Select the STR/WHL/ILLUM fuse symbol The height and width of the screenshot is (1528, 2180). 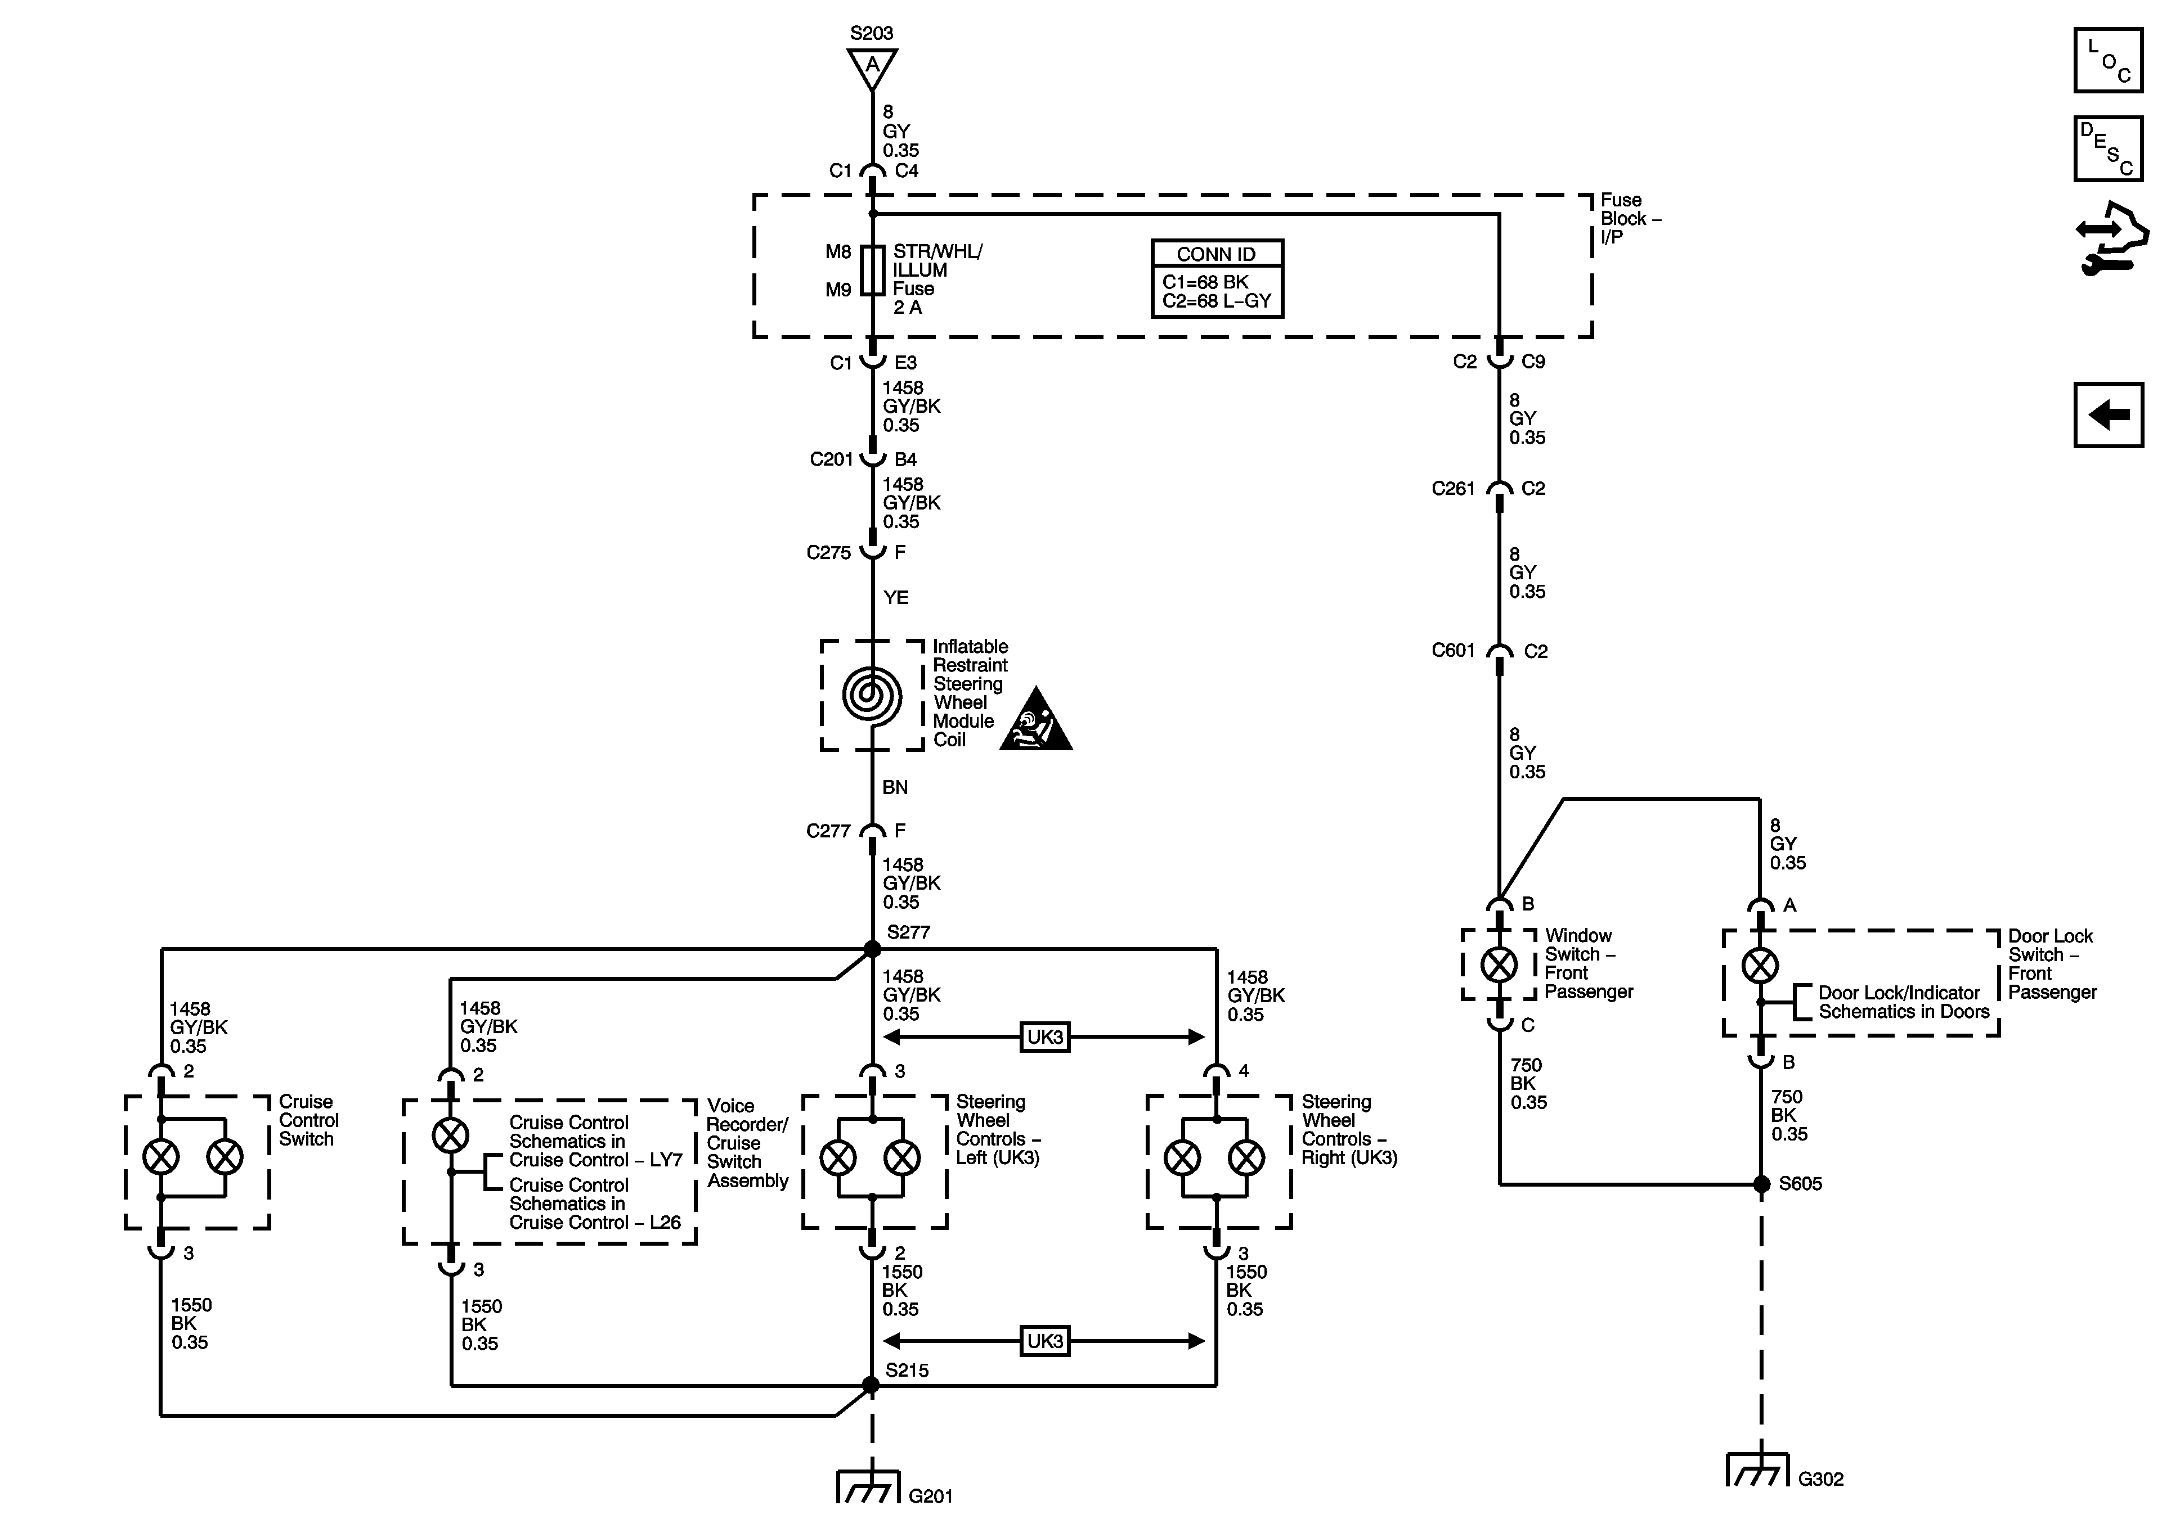pos(872,271)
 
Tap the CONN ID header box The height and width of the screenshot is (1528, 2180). pos(1216,254)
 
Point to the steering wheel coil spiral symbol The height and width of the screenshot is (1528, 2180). pos(872,695)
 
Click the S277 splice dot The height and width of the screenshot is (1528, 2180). pos(872,948)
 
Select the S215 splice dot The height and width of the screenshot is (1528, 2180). pos(871,1386)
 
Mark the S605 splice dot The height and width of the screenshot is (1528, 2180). pos(1761,1183)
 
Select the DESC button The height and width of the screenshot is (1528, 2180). pos(2108,148)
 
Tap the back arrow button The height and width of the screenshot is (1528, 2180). pos(2108,414)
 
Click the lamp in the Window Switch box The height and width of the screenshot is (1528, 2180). pos(1499,965)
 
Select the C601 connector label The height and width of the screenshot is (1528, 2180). pos(1453,650)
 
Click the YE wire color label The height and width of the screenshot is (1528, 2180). pos(895,597)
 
